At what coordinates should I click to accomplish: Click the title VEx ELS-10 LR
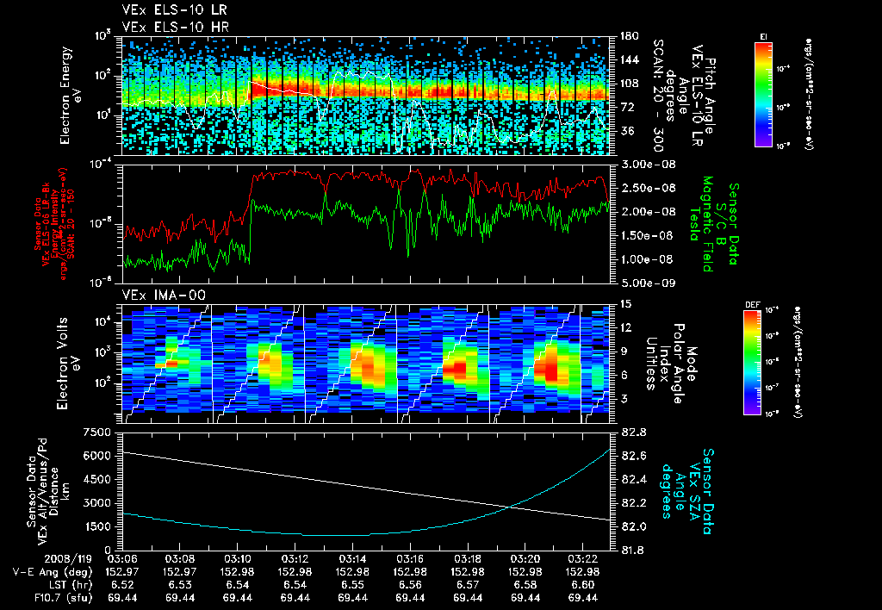(x=168, y=11)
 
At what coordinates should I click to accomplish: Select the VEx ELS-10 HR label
(x=168, y=28)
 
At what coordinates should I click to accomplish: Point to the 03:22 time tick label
(x=583, y=558)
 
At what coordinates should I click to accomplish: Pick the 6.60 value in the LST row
(x=583, y=584)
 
